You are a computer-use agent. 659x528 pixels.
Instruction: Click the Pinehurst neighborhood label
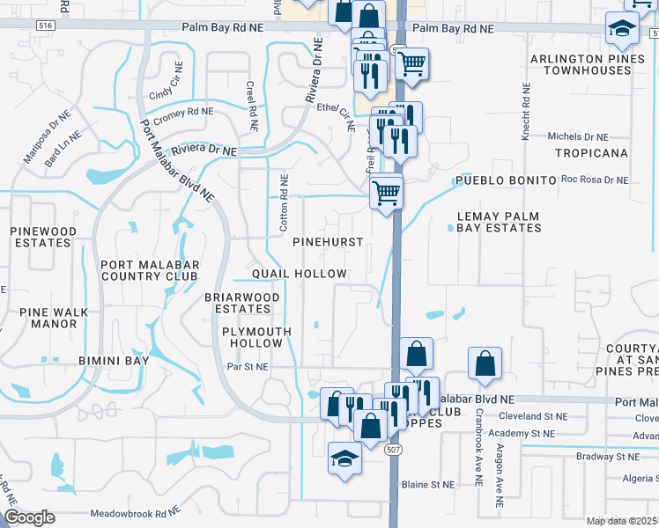[x=328, y=241]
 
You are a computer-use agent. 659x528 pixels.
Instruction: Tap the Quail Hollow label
[x=300, y=274]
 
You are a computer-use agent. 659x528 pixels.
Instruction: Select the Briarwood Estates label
[x=242, y=303]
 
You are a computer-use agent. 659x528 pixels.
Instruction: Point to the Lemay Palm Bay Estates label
[x=499, y=222]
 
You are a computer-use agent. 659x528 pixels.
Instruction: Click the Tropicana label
[x=591, y=153]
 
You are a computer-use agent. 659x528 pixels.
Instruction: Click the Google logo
[x=29, y=517]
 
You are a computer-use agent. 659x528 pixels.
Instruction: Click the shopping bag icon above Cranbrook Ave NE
[x=485, y=364]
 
